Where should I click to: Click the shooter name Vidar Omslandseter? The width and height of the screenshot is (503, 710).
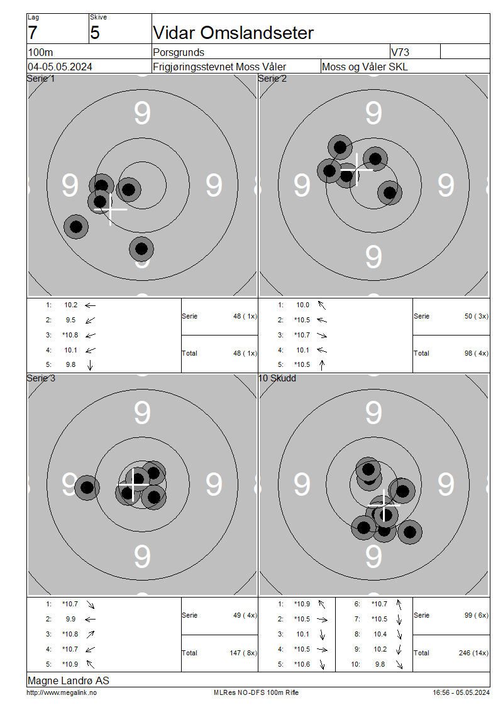[233, 33]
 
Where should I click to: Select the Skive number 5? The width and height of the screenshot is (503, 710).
[95, 33]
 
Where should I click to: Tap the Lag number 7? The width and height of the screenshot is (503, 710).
[33, 33]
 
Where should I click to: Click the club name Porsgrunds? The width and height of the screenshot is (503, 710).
[179, 52]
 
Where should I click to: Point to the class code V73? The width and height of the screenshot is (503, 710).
[400, 52]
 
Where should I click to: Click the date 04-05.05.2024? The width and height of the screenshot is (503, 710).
[60, 67]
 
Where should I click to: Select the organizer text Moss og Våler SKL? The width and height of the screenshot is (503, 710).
[364, 67]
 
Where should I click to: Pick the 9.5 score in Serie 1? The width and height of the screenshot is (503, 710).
[70, 320]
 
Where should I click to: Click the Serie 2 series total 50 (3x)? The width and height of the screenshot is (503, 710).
[476, 316]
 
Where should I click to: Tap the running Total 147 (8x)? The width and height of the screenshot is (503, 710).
[243, 653]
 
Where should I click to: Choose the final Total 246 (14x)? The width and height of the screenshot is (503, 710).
[473, 653]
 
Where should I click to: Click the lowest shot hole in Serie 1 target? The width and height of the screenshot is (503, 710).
[141, 249]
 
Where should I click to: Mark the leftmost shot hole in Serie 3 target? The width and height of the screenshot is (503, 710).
[87, 488]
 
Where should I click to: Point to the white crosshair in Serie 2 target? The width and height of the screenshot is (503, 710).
[357, 170]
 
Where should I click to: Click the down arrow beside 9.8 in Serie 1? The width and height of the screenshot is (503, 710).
[90, 365]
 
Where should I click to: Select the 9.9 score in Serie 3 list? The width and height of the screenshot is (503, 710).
[70, 619]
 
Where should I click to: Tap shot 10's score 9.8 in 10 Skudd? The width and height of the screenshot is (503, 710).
[380, 664]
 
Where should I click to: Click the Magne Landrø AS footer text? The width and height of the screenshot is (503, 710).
[69, 680]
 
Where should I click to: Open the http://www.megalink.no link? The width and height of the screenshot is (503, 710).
[62, 693]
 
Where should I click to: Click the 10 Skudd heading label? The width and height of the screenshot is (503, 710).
[277, 378]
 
